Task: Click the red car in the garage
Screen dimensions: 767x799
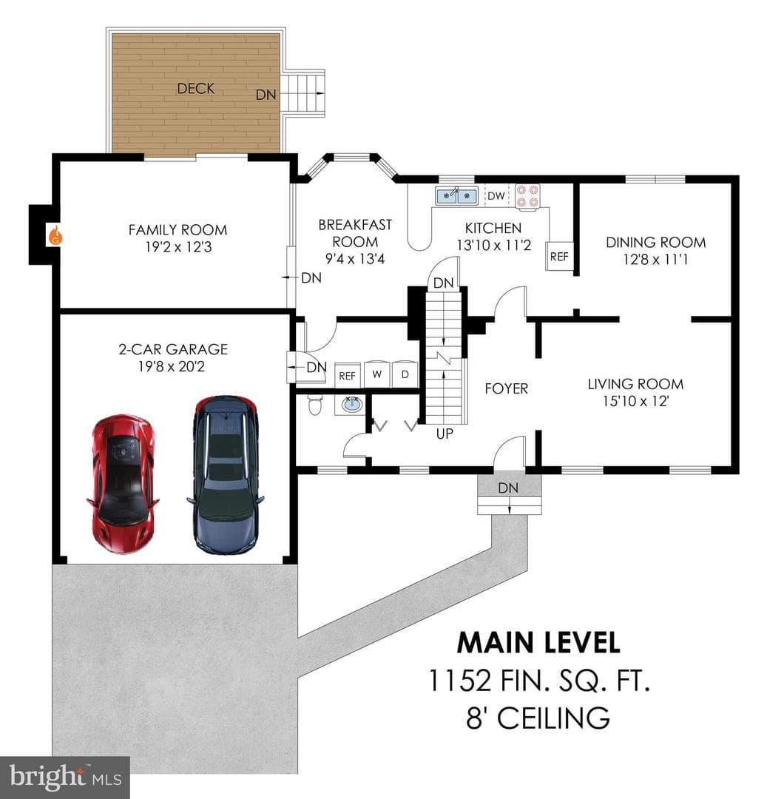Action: [x=123, y=484]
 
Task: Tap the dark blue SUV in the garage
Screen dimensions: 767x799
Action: [x=225, y=475]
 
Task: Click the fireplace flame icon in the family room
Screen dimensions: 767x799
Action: [x=55, y=235]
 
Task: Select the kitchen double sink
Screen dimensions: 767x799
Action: [x=456, y=195]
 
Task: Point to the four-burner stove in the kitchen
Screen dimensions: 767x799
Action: [x=527, y=196]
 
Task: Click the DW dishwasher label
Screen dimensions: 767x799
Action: [x=496, y=195]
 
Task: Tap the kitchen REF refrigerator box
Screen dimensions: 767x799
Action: [x=558, y=256]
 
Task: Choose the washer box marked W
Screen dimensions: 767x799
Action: [x=377, y=374]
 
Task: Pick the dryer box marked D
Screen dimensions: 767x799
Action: [x=405, y=374]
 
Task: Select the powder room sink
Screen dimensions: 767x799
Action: [x=351, y=405]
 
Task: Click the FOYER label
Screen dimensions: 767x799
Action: [x=506, y=389]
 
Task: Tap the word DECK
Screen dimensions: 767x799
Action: [x=195, y=89]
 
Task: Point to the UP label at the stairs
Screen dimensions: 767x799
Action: [x=445, y=434]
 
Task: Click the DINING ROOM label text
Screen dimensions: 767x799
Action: [x=656, y=242]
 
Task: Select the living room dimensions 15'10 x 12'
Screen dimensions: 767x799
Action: [x=635, y=401]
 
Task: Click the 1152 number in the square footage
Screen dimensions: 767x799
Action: [x=460, y=681]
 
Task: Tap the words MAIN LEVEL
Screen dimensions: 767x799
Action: [x=538, y=643]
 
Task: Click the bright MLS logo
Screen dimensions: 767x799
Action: [x=65, y=777]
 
